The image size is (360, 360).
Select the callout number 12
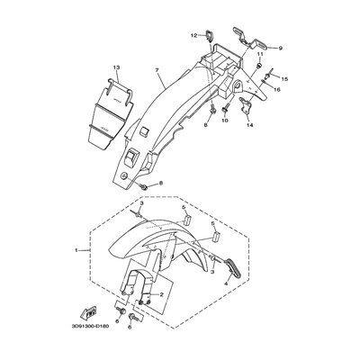click(194, 35)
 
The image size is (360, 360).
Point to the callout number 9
click(281, 48)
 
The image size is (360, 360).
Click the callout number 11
click(260, 54)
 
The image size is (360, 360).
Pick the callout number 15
click(284, 79)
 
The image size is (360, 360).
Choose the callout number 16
click(277, 89)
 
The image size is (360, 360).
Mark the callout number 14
click(249, 125)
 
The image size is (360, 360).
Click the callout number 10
click(225, 121)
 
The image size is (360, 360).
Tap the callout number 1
click(76, 250)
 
